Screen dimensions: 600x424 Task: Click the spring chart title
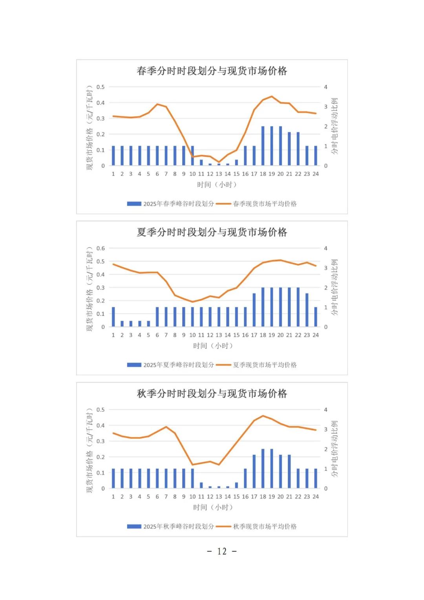212,71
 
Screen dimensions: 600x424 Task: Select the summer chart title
212,232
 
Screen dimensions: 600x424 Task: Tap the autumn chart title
212,394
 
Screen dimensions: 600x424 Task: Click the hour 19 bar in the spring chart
272,146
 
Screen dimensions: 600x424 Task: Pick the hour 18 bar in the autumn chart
263,468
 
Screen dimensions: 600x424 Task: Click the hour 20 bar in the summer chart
280,307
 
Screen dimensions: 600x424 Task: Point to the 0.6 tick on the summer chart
101,248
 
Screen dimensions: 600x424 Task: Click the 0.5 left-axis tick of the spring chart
101,87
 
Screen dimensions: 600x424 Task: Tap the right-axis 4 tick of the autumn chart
325,410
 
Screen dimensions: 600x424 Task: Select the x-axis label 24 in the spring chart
316,174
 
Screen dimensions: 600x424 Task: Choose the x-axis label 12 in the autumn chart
210,497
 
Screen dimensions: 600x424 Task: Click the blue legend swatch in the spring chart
134,204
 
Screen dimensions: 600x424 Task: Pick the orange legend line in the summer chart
223,365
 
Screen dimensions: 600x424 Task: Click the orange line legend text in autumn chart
265,527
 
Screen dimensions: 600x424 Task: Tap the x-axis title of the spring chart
217,184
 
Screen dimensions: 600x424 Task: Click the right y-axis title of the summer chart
334,287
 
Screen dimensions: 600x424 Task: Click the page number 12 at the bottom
222,551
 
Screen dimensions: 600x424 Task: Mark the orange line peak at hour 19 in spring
272,96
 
